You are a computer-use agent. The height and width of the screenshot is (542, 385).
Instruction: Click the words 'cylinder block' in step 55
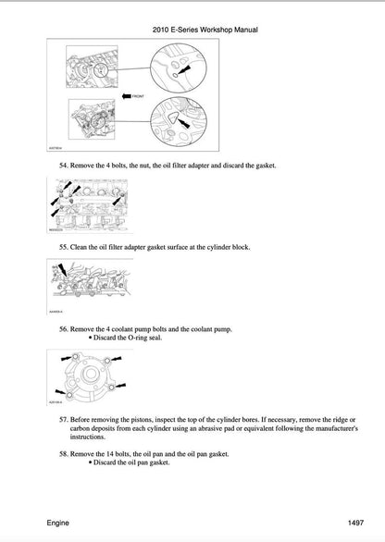point(223,248)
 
